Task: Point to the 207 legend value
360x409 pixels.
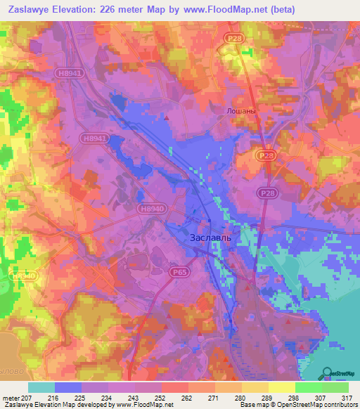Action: [27, 398]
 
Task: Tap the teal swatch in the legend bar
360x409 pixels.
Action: [41, 387]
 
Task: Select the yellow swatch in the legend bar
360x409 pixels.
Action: [282, 387]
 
